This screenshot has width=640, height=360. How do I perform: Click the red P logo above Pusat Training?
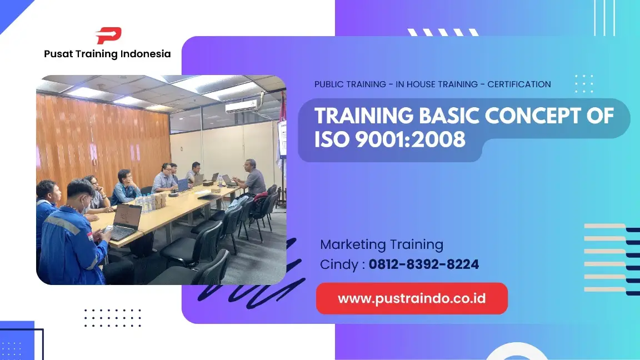point(108,36)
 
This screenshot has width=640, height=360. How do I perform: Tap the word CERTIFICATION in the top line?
point(519,84)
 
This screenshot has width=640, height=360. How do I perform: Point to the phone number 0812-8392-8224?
point(423,265)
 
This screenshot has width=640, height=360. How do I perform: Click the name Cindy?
point(339,265)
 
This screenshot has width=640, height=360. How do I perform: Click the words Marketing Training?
point(381,244)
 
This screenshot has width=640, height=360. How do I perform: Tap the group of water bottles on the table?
point(146,204)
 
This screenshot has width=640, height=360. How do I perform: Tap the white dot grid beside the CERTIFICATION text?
point(583,84)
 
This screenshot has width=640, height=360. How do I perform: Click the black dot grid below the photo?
point(112,318)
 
